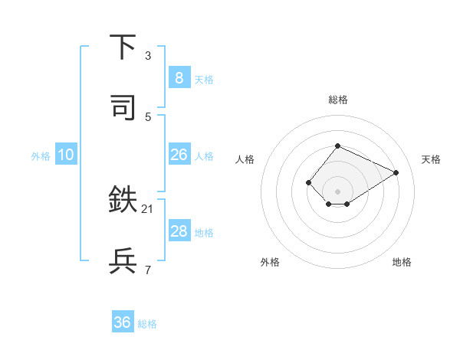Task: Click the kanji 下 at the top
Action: [123, 47]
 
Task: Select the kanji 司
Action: [123, 107]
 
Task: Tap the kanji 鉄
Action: [123, 201]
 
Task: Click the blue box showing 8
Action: [179, 77]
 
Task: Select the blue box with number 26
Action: [179, 155]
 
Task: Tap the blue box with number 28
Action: [179, 231]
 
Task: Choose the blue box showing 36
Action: [122, 322]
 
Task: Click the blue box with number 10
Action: [65, 155]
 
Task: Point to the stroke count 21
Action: [148, 208]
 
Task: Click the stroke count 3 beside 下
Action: [148, 55]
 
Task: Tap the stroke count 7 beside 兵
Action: [148, 270]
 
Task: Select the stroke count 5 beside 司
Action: [148, 116]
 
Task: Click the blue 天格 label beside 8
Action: [204, 79]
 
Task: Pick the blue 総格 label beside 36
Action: [147, 324]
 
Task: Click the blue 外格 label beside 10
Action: [41, 156]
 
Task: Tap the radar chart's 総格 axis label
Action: [337, 100]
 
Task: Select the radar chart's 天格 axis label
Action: [431, 159]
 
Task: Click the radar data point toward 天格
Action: [396, 172]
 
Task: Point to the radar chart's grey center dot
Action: [337, 191]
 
